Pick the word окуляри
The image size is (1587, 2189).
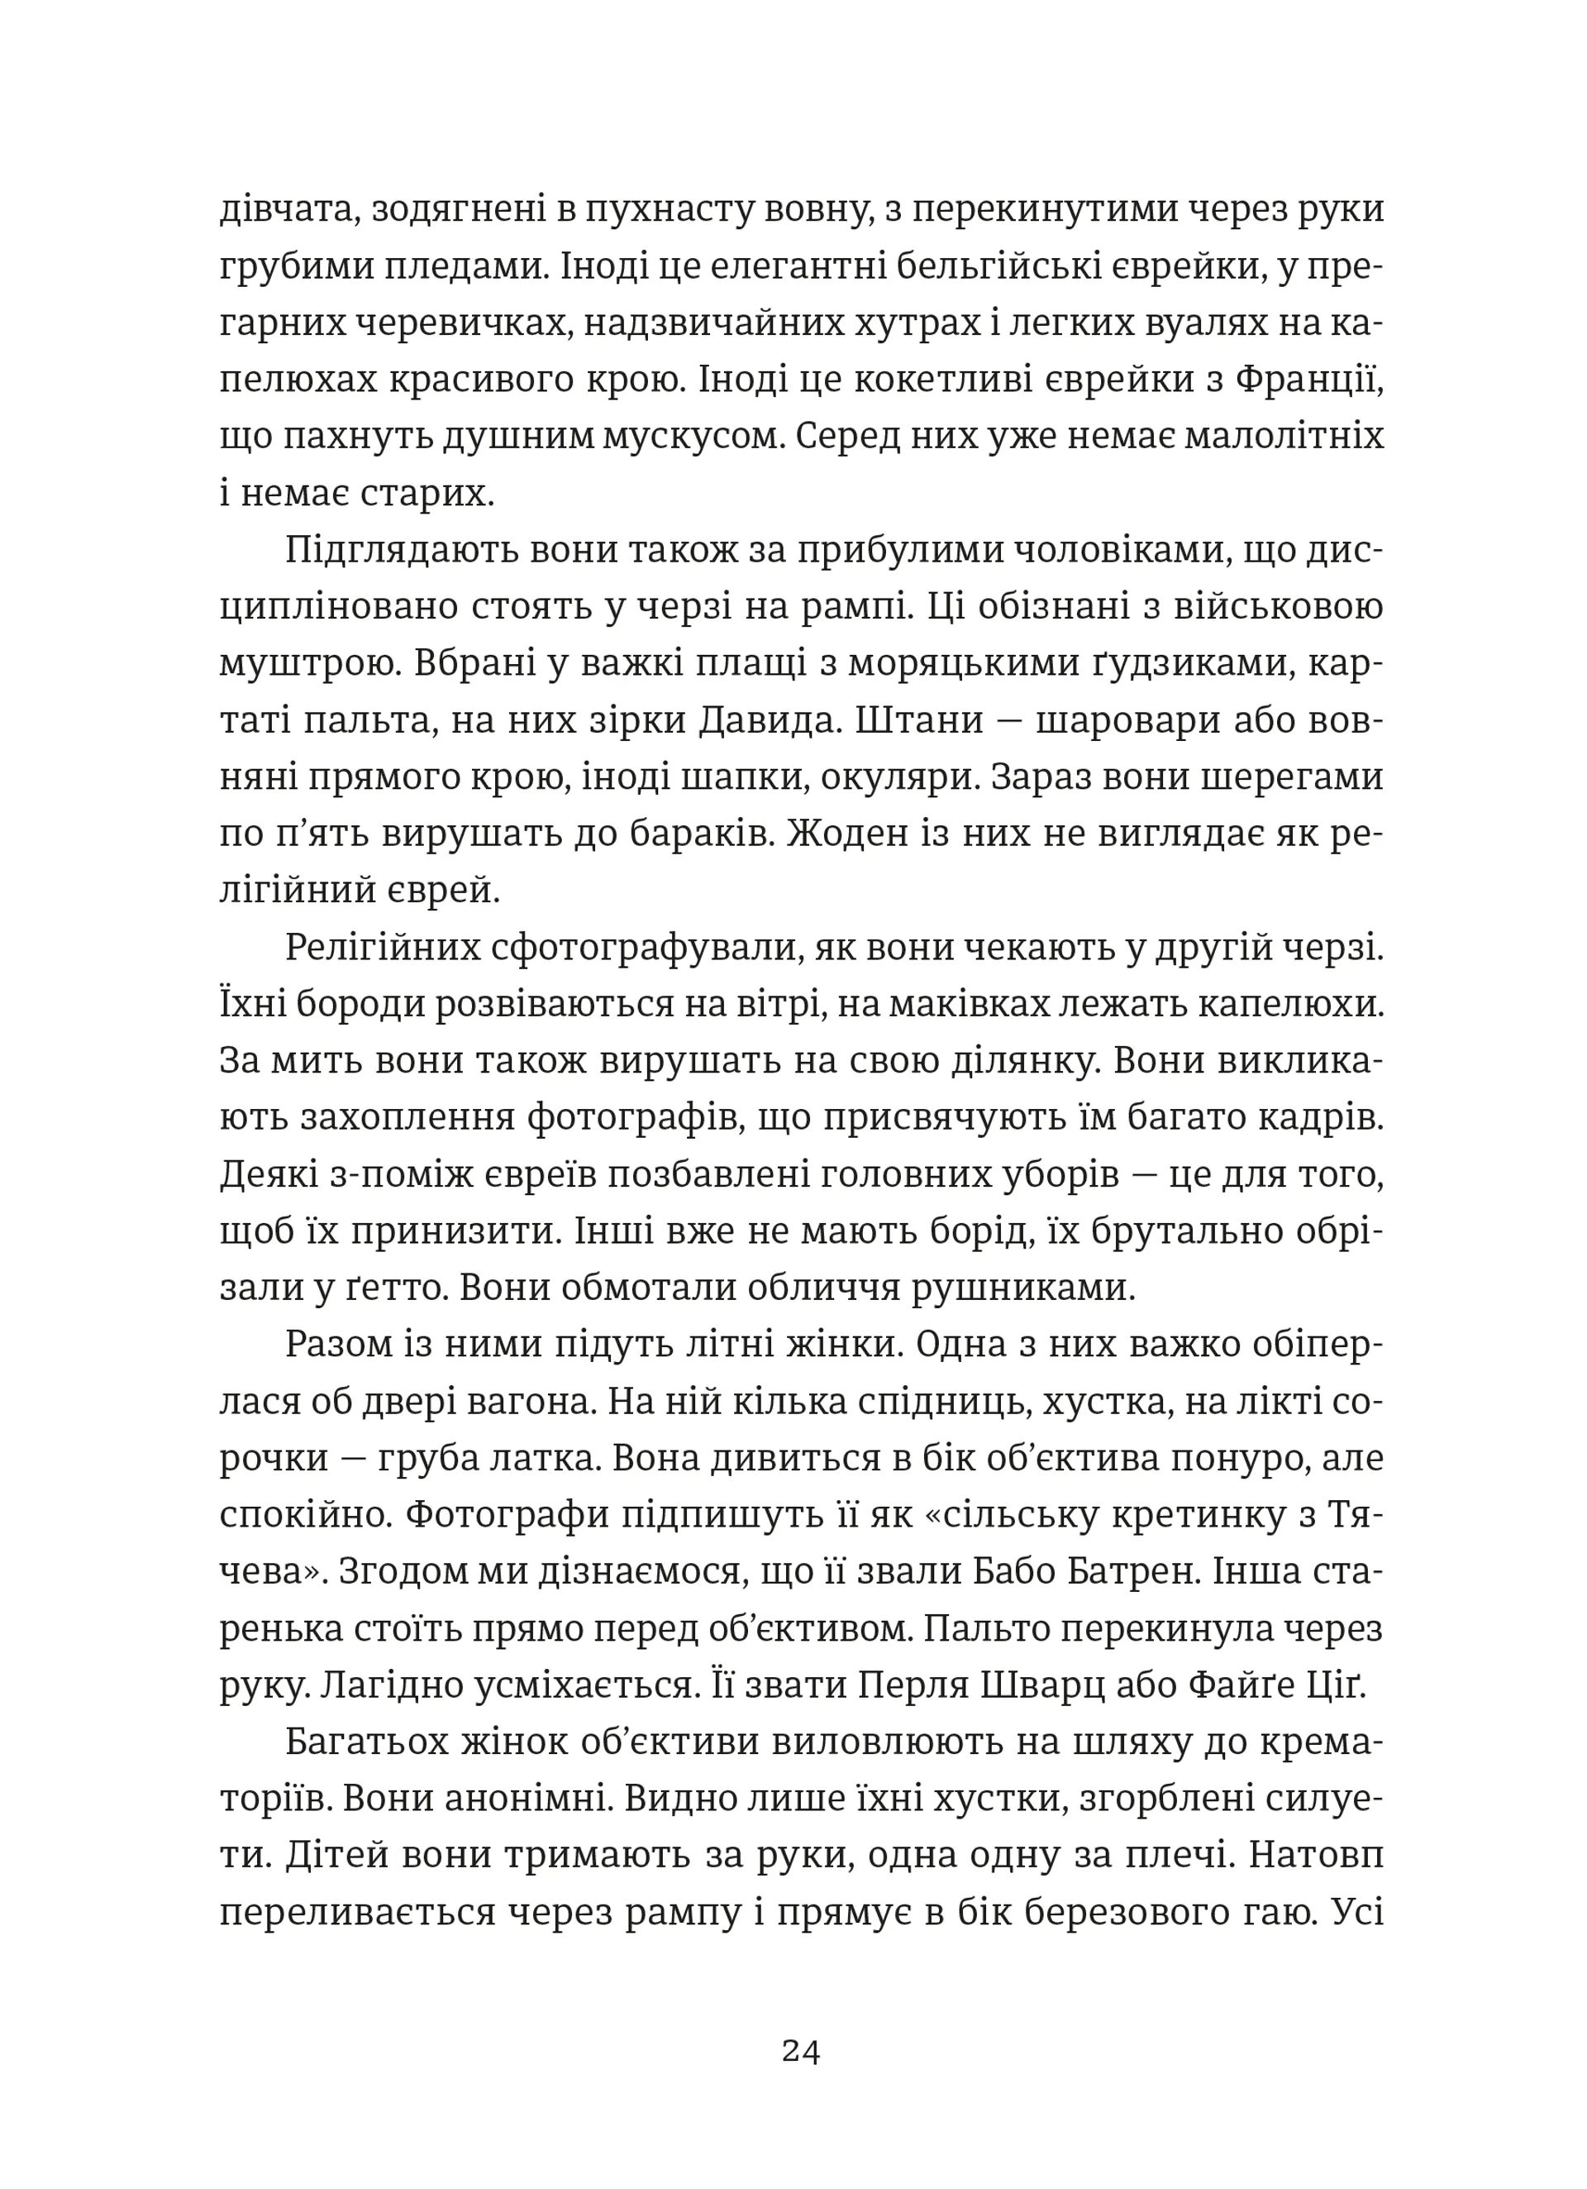tap(895, 778)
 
